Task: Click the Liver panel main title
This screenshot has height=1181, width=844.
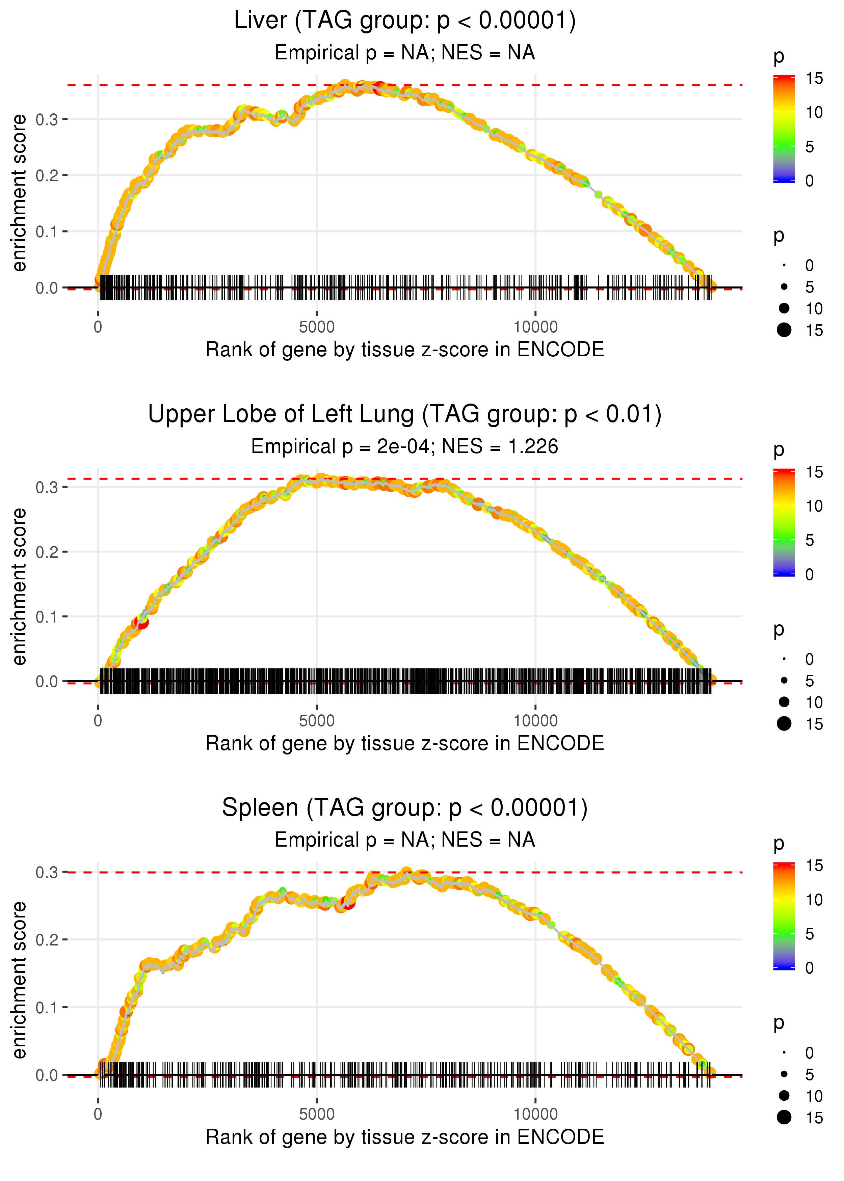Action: pos(404,21)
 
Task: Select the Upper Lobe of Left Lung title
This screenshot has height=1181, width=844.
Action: pos(404,414)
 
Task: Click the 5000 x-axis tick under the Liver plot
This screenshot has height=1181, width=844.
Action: pos(317,327)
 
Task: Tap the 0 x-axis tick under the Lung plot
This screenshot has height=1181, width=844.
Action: pos(98,721)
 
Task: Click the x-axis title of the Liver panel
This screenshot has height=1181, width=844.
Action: pos(404,350)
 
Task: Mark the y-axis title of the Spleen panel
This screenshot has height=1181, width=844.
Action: pos(19,980)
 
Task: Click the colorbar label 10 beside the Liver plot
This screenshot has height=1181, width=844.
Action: pos(814,112)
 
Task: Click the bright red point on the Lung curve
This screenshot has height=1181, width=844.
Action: pos(141,622)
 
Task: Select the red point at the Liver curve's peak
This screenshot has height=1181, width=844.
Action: pos(379,87)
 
